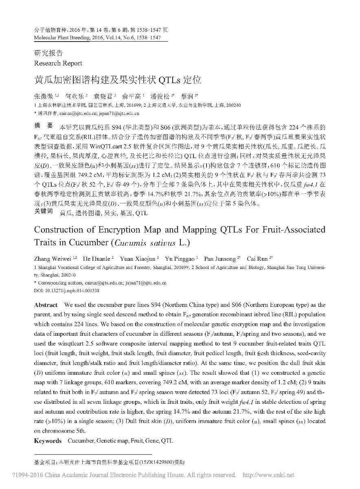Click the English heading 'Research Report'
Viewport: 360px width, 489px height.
58,63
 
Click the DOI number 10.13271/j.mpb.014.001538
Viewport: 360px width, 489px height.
72,291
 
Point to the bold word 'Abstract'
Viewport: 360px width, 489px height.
46,305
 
